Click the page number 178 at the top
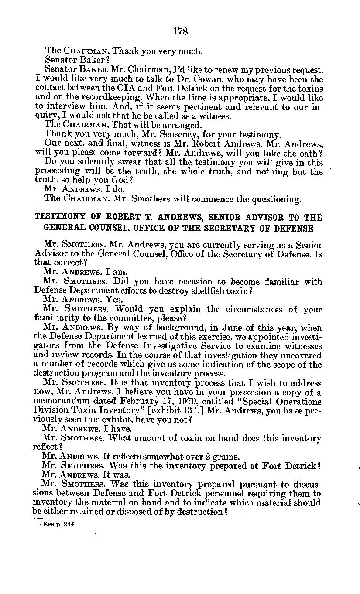(180, 31)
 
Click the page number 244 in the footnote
(69, 525)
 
